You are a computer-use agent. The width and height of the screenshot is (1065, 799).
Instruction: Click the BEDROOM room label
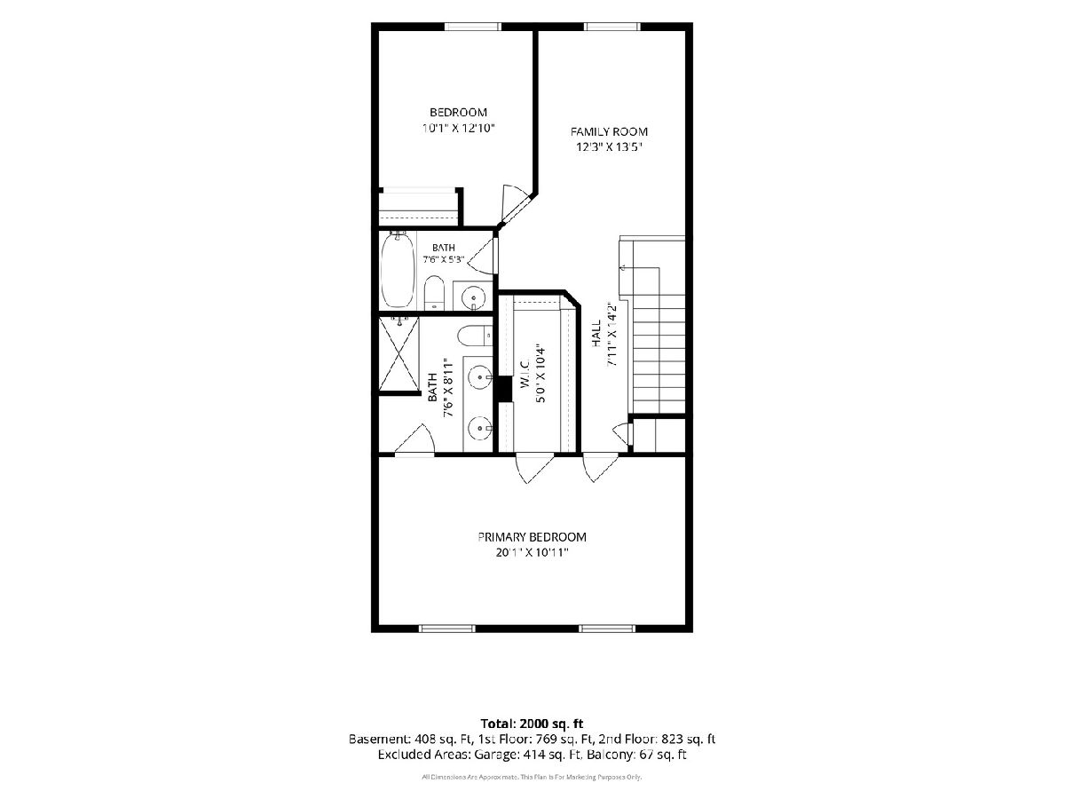[458, 113]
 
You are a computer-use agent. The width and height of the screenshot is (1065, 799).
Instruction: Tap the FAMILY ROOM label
[609, 132]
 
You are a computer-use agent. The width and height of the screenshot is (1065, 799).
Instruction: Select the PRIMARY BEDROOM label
[532, 537]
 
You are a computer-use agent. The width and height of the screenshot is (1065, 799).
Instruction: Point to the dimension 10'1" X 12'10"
[459, 128]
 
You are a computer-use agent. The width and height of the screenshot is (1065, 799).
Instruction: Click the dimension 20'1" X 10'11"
[532, 552]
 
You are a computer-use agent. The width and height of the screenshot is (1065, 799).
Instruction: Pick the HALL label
[596, 333]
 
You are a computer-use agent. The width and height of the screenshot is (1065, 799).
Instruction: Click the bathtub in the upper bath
[398, 269]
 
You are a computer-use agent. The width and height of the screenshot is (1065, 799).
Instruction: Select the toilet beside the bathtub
[434, 293]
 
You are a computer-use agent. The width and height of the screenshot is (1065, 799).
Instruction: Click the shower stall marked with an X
[398, 352]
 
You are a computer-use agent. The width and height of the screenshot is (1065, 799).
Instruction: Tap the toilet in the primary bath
[475, 336]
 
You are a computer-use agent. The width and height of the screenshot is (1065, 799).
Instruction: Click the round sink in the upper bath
[473, 296]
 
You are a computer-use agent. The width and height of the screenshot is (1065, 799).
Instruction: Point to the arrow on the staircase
[622, 266]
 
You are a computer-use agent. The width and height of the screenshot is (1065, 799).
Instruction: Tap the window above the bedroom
[472, 27]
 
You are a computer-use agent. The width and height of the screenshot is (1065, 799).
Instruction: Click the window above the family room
[612, 27]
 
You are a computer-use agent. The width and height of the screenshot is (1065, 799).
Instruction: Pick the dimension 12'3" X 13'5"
[609, 147]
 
